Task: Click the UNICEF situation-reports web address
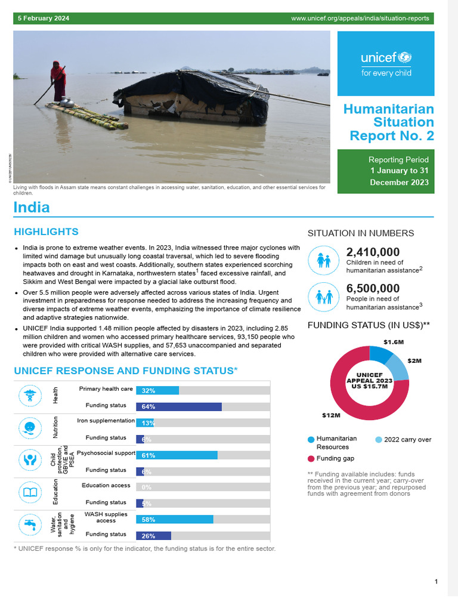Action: pyautogui.click(x=360, y=18)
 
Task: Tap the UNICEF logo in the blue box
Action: pyautogui.click(x=386, y=64)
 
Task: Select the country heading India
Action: pyautogui.click(x=32, y=208)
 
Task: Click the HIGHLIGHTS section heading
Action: pyautogui.click(x=46, y=232)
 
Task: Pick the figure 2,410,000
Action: pyautogui.click(x=373, y=252)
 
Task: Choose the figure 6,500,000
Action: pyautogui.click(x=373, y=289)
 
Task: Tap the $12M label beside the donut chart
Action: pyautogui.click(x=331, y=415)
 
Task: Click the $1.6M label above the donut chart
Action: pyautogui.click(x=394, y=342)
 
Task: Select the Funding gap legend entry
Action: pyautogui.click(x=333, y=458)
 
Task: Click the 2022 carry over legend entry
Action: pyautogui.click(x=407, y=440)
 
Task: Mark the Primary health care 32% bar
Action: pyautogui.click(x=157, y=390)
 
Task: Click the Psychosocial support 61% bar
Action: pyautogui.click(x=177, y=455)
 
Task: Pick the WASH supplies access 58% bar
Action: pyautogui.click(x=174, y=520)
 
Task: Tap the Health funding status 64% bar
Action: pyautogui.click(x=179, y=407)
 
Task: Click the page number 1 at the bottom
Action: pyautogui.click(x=437, y=582)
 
